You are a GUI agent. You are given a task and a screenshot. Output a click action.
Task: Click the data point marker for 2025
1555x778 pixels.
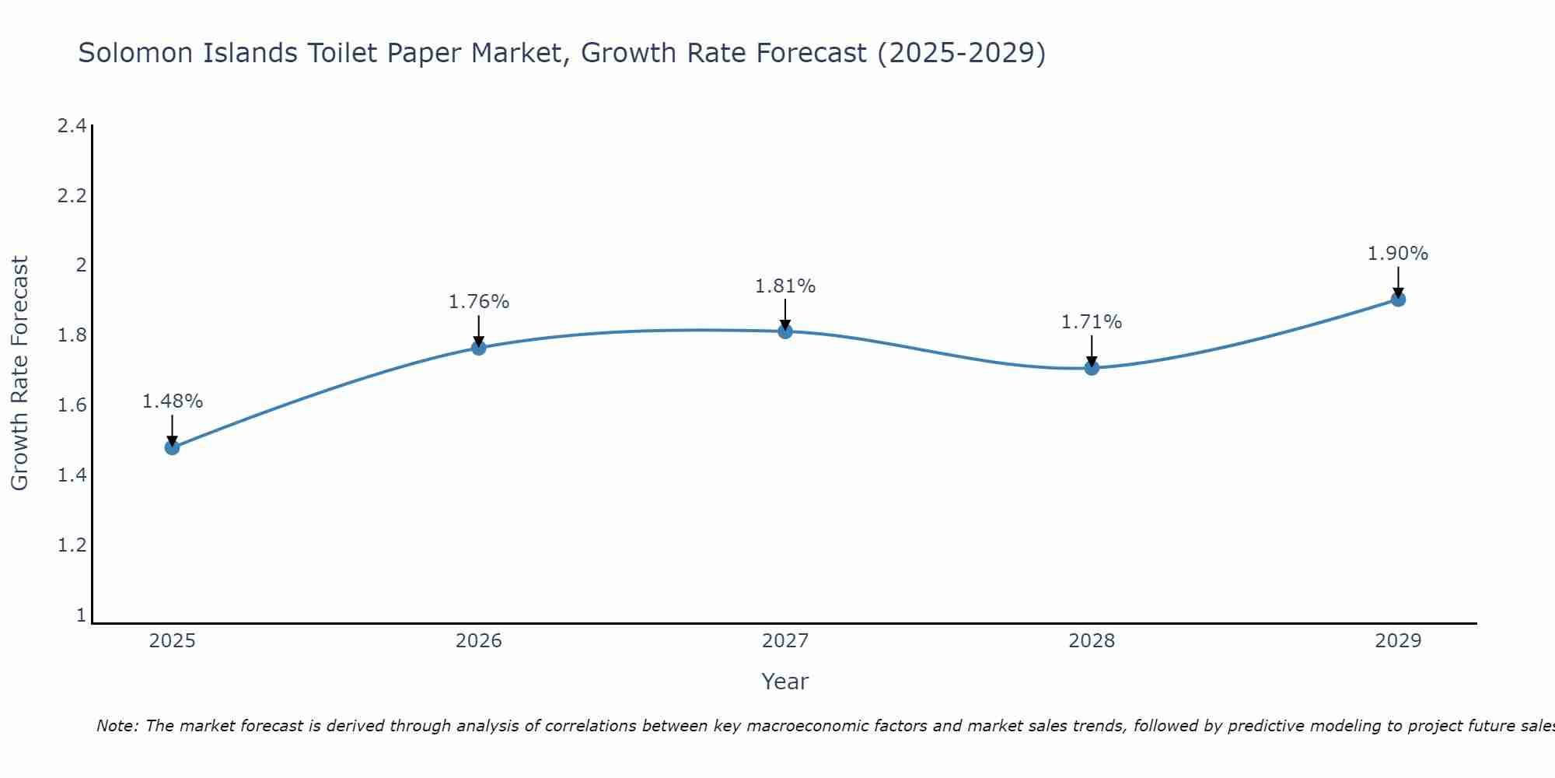pyautogui.click(x=172, y=447)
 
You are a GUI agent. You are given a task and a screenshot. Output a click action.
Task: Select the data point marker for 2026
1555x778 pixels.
pyautogui.click(x=479, y=348)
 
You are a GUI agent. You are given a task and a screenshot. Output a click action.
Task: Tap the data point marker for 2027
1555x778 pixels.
pyautogui.click(x=785, y=331)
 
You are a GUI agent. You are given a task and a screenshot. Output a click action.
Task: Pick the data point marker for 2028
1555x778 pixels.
pyautogui.click(x=1092, y=367)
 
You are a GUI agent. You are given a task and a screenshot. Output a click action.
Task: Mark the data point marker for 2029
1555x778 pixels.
pyautogui.click(x=1398, y=300)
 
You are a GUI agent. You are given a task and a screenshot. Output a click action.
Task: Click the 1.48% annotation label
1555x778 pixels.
pyautogui.click(x=172, y=401)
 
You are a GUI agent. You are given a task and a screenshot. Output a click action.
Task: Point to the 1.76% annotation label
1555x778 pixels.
pyautogui.click(x=479, y=302)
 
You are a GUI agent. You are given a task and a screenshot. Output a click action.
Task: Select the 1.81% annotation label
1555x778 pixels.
pyautogui.click(x=785, y=286)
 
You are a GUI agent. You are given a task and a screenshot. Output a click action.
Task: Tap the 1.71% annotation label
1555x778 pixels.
pyautogui.click(x=1092, y=322)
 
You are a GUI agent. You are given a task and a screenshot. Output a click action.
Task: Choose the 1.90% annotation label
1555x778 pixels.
pyautogui.click(x=1398, y=254)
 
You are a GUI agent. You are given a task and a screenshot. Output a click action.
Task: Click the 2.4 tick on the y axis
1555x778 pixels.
pyautogui.click(x=72, y=126)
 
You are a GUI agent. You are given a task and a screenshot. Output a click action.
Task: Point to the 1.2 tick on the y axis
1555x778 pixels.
pyautogui.click(x=72, y=545)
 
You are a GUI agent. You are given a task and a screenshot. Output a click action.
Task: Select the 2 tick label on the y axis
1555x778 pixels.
pyautogui.click(x=80, y=265)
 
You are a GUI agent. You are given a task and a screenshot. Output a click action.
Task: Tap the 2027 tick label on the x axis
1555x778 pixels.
pyautogui.click(x=785, y=641)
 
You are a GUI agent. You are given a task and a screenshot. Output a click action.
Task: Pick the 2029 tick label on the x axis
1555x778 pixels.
pyautogui.click(x=1398, y=641)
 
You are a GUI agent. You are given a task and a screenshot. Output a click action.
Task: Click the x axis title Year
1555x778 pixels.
pyautogui.click(x=785, y=682)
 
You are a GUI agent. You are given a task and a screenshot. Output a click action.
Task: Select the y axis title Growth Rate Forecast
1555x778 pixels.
pyautogui.click(x=19, y=373)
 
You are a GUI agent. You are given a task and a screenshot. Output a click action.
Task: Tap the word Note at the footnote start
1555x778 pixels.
pyautogui.click(x=117, y=726)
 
